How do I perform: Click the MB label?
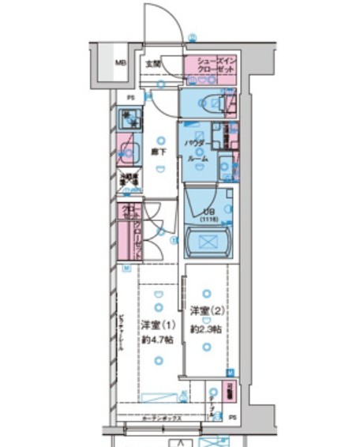120,63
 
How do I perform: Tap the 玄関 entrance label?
153,63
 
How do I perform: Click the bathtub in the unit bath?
209,242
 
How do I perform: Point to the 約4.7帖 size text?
157,340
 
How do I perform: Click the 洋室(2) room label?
207,310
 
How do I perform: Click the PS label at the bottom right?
232,416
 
